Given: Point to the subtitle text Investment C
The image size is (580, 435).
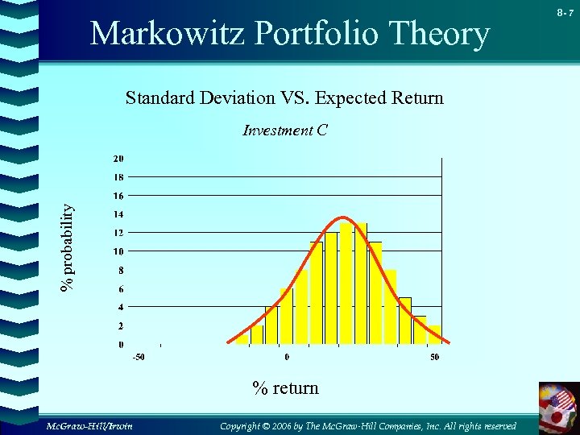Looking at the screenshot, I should (x=284, y=130).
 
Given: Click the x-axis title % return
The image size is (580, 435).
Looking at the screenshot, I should (x=285, y=388).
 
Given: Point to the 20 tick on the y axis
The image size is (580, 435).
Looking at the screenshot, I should (x=118, y=158).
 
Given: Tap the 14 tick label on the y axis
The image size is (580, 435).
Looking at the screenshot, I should (x=118, y=214).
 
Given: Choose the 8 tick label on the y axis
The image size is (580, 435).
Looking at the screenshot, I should (x=121, y=270).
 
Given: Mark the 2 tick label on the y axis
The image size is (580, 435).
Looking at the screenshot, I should (x=121, y=326).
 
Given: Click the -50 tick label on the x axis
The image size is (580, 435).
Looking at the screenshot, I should (x=139, y=357).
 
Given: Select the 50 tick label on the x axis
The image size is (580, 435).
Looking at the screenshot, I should (x=434, y=357).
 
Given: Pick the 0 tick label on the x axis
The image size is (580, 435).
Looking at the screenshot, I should (x=287, y=357).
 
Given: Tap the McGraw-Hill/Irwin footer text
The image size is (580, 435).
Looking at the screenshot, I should (x=89, y=425).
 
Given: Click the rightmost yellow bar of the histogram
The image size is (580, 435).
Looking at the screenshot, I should (x=434, y=335).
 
